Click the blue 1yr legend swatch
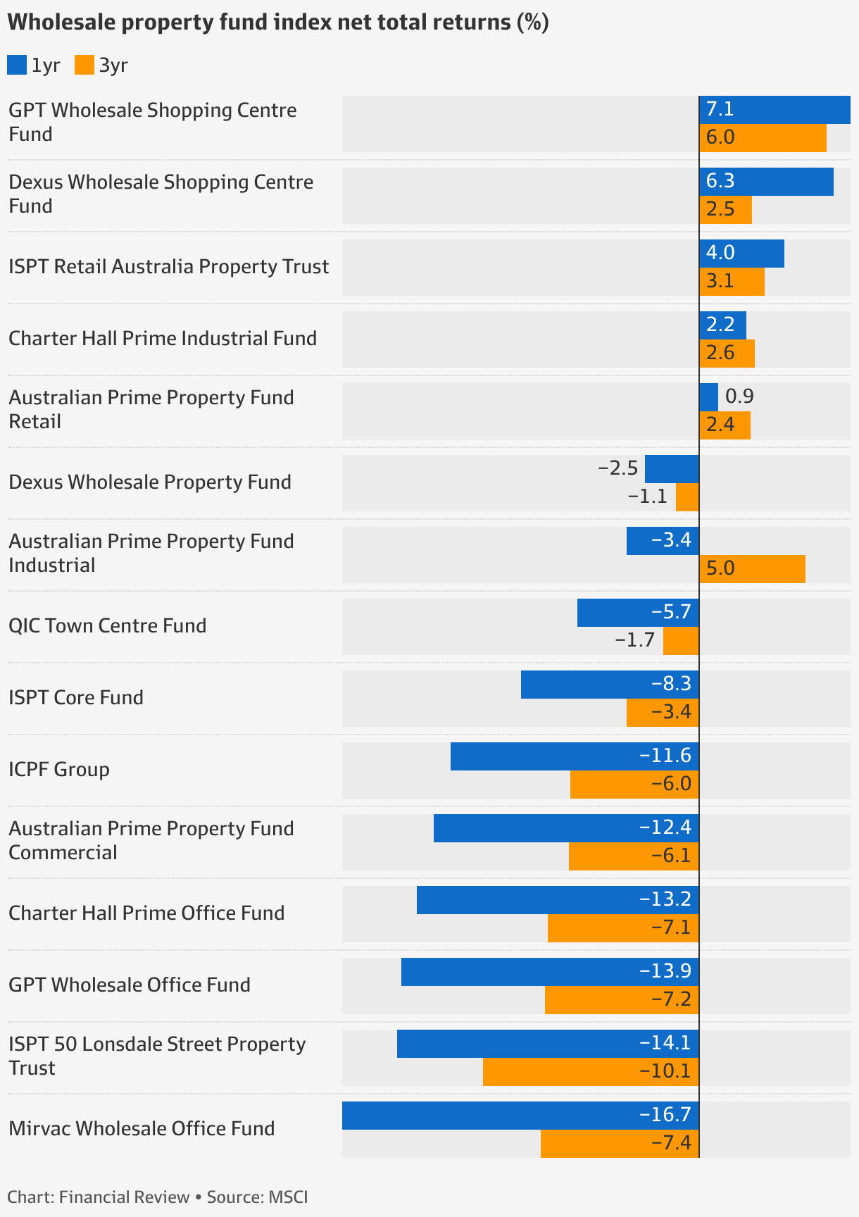click(17, 65)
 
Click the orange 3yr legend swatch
click(84, 65)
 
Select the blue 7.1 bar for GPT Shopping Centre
click(775, 110)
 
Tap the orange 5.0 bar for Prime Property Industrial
click(752, 569)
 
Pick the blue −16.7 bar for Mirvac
click(520, 1116)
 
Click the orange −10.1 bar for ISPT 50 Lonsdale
click(590, 1072)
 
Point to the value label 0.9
click(739, 397)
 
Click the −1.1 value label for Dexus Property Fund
click(647, 497)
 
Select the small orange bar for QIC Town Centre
click(681, 641)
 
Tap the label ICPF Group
click(59, 769)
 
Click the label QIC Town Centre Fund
click(107, 625)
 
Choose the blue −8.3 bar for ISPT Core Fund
click(609, 685)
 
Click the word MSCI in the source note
click(288, 1197)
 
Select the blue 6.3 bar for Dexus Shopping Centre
click(766, 182)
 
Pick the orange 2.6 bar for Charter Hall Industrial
click(727, 354)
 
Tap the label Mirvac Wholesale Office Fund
click(142, 1128)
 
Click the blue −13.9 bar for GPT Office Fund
click(549, 972)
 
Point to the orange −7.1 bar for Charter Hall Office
click(622, 928)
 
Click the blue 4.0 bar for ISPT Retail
click(741, 254)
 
